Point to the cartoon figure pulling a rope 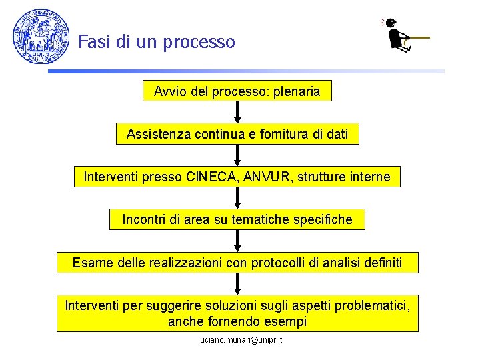coord(401,35)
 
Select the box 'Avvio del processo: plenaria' coord(237,91)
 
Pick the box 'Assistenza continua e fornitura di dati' coord(237,134)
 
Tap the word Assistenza coord(157,134)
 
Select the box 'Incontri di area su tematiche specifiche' coord(237,219)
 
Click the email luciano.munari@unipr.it coord(240,340)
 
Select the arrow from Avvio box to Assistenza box coord(237,112)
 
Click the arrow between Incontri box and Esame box coord(237,241)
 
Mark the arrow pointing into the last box coord(237,283)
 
